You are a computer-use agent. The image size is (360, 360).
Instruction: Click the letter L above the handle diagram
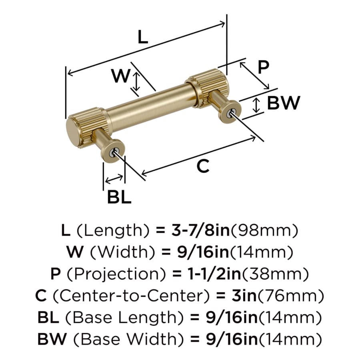(142, 37)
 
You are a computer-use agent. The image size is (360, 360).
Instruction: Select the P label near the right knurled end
(263, 67)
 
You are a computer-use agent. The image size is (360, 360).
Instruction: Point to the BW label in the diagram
(284, 103)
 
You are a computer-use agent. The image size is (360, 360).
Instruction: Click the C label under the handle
(203, 166)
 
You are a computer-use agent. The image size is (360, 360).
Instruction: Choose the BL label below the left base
(119, 197)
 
